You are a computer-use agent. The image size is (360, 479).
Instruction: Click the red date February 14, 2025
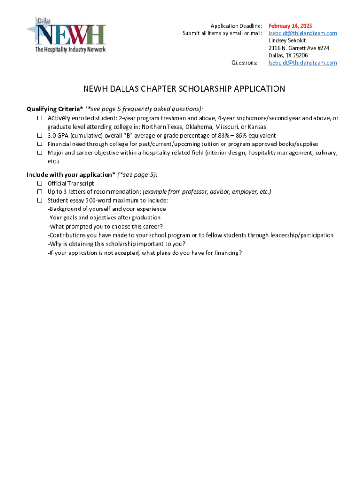pos(290,26)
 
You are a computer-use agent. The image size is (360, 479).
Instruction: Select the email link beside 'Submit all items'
pos(302,33)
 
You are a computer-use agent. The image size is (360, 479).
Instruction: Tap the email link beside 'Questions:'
pos(302,63)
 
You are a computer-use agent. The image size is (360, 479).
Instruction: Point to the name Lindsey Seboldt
pos(287,41)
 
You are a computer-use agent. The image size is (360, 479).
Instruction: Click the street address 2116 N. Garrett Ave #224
pos(299,48)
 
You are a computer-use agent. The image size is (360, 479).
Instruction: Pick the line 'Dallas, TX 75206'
pos(288,55)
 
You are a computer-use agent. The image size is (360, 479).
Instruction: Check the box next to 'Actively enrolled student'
pos(40,118)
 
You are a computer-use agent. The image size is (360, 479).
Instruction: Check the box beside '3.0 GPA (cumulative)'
pos(40,136)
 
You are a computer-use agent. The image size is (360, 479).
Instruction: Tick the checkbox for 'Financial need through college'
pos(40,144)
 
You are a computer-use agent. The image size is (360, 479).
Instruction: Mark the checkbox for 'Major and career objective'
pos(40,153)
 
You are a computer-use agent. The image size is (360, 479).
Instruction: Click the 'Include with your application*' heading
pos(71,175)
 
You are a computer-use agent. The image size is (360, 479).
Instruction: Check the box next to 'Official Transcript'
pos(40,183)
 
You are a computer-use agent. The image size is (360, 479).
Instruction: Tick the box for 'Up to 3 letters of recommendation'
pos(40,192)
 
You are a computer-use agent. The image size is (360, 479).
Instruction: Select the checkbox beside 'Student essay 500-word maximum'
pos(40,200)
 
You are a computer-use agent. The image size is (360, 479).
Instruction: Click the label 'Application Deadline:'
pos(236,26)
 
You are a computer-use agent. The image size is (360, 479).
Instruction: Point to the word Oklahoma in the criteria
pos(199,127)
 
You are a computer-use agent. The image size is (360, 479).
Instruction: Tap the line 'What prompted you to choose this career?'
pos(105,226)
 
